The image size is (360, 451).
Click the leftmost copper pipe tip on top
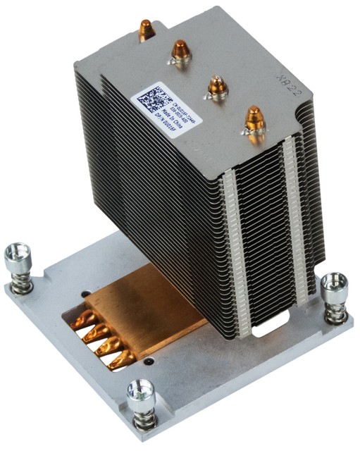146,28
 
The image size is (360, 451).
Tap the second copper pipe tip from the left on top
181,51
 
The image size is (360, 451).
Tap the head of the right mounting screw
334,283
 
